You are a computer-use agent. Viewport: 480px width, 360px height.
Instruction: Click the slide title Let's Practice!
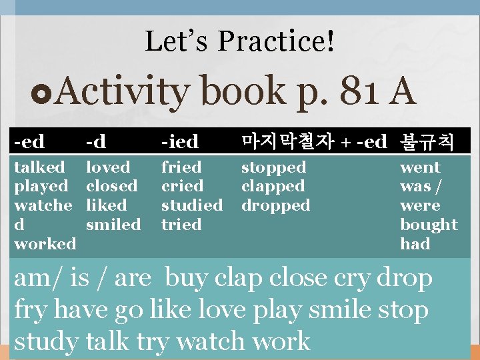[x=240, y=41]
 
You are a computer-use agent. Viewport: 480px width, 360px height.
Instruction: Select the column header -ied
[x=180, y=141]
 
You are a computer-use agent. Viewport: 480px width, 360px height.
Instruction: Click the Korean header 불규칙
[x=427, y=141]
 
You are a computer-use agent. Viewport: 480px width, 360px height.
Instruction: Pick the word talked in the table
[x=39, y=167]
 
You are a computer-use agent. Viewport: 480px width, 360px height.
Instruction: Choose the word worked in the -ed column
[x=45, y=244]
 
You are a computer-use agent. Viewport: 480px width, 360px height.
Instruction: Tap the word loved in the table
[x=108, y=167]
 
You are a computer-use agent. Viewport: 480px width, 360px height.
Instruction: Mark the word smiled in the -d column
[x=113, y=225]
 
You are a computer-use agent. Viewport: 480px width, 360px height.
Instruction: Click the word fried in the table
[x=181, y=167]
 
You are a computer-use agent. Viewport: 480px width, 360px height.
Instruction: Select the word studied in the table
[x=192, y=205]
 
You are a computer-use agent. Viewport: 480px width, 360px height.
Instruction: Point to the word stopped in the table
[x=273, y=167]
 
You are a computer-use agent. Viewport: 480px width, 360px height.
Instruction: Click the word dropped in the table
[x=275, y=205]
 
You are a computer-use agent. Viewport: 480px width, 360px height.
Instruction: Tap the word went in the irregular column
[x=420, y=167]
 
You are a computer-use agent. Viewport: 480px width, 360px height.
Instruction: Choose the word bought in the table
[x=429, y=225]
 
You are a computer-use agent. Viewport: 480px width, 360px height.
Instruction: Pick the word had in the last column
[x=415, y=244]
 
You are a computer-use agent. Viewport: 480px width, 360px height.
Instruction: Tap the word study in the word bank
[x=46, y=341]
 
